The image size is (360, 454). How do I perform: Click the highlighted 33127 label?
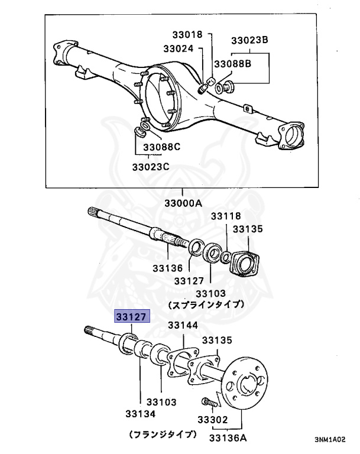tap(132, 316)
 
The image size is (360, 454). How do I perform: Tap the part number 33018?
tap(188, 35)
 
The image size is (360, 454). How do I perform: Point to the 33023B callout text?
tap(249, 40)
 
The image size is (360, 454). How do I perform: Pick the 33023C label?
tap(150, 167)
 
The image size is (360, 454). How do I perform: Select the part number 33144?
tap(183, 326)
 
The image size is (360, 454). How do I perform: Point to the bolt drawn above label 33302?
tap(209, 402)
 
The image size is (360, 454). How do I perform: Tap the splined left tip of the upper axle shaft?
tap(95, 213)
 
